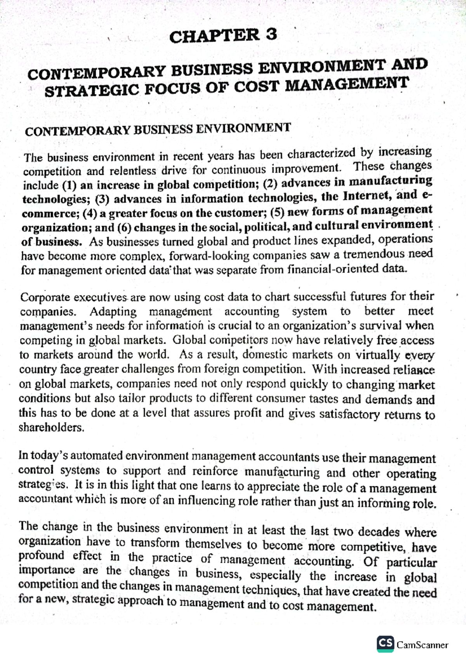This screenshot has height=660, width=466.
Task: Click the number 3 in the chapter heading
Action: point(271,35)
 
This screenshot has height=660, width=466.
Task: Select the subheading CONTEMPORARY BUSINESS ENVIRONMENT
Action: point(158,129)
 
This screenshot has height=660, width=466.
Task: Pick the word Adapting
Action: point(113,312)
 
